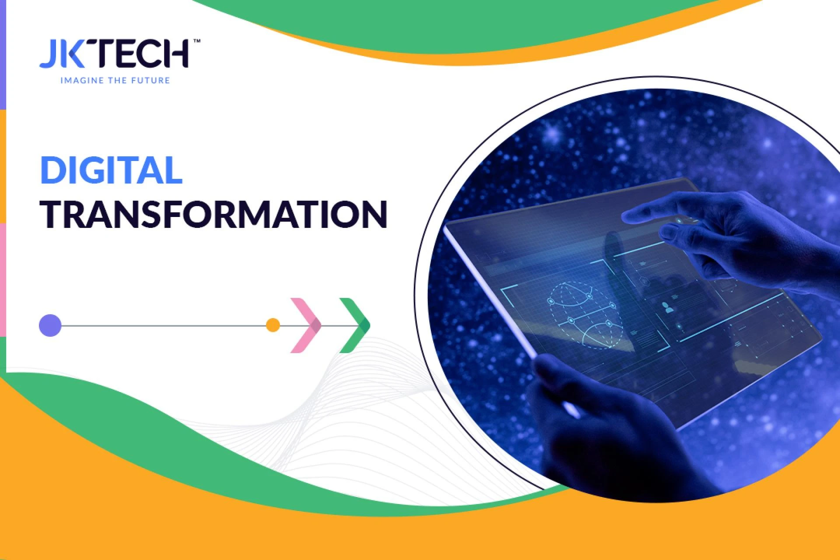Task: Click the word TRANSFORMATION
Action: tap(213, 214)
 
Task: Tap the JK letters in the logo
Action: tap(62, 54)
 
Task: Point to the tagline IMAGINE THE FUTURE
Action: tap(115, 80)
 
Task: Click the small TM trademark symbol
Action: tap(197, 41)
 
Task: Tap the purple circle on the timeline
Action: tap(50, 325)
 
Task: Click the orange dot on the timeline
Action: tap(273, 325)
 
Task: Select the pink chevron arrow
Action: tap(306, 325)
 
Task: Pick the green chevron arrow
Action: tap(355, 325)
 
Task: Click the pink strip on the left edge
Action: tap(3, 280)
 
